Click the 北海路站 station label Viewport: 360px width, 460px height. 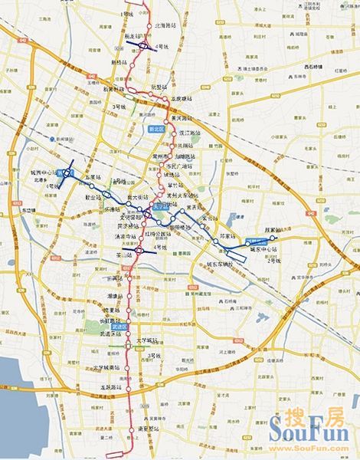point(165,25)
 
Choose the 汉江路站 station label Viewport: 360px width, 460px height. point(188,133)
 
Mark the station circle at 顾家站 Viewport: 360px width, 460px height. point(272,238)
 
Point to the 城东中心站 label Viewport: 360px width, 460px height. point(265,249)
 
